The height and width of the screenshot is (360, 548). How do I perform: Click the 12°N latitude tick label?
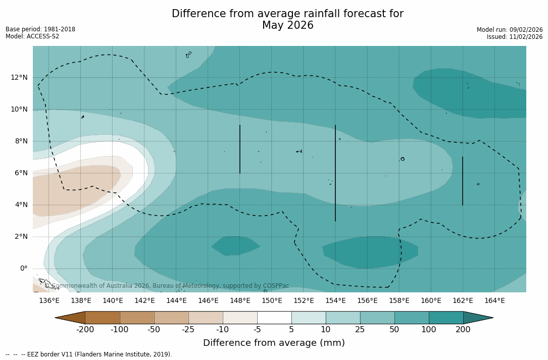19,77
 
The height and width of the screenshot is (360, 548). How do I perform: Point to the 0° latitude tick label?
23,269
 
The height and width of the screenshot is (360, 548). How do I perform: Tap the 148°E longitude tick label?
240,301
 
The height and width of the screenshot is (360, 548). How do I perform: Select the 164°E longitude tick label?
494,301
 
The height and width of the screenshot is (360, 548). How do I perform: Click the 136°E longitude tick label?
49,301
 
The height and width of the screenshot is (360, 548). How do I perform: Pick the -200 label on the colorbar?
85,330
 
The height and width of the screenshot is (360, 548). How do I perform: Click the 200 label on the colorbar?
463,330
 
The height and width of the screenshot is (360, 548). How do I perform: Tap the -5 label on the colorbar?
257,330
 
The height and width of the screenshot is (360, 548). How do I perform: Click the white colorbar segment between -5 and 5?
274,318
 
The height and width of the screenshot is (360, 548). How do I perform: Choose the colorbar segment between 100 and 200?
446,318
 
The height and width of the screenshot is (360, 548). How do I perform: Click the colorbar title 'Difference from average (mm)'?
274,343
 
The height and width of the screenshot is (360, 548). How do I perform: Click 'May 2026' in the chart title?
287,26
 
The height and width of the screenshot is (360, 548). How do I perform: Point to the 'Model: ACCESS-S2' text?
32,36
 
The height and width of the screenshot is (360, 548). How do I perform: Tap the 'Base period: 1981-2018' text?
40,29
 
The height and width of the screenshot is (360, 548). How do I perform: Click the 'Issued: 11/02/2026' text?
515,37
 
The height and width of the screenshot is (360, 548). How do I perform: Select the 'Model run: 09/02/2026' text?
510,30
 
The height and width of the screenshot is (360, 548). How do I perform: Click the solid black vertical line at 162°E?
463,181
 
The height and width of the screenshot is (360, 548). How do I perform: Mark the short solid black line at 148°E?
240,149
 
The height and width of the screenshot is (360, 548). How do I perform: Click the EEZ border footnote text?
89,354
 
